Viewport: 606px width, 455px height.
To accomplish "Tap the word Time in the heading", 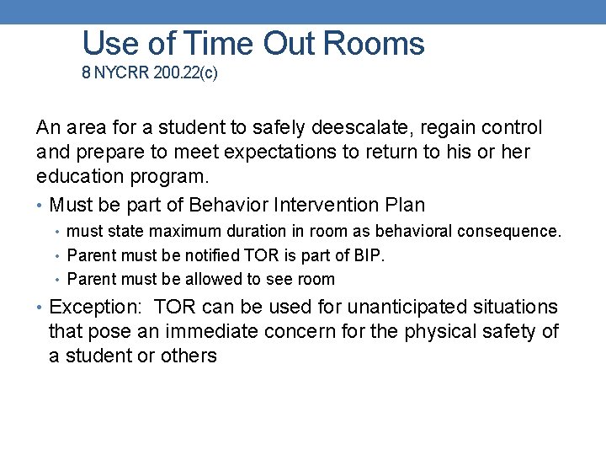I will coord(216,43).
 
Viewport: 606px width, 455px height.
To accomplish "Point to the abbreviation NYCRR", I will coord(122,73).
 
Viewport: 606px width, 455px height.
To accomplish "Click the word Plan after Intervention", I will coord(405,205).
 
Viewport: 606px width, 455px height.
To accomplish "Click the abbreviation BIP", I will coord(369,255).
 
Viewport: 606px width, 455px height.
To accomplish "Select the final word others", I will coord(190,356).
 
